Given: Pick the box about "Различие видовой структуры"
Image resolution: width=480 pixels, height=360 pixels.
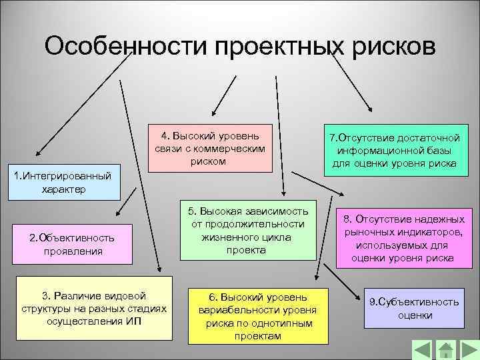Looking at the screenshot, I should [x=91, y=307].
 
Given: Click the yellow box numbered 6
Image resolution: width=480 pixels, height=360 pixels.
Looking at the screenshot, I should [x=257, y=315].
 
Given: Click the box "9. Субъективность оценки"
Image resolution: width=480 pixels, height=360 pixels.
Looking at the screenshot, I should [x=414, y=308].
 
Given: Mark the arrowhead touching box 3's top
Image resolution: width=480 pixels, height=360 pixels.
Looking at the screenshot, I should [x=160, y=271].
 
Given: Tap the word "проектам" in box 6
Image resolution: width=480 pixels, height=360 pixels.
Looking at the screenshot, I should [x=257, y=336].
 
